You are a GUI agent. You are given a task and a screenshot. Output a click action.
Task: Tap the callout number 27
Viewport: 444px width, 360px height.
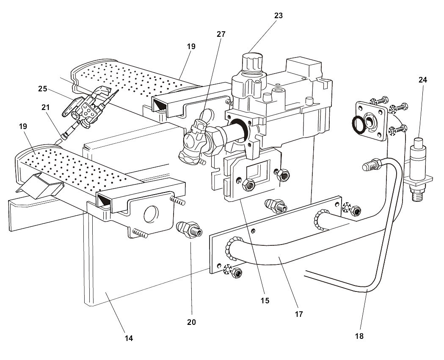pyautogui.click(x=221, y=35)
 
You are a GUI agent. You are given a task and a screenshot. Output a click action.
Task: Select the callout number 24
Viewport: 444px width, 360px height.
pyautogui.click(x=423, y=80)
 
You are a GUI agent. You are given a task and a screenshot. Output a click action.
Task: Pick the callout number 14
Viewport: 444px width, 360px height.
pyautogui.click(x=129, y=338)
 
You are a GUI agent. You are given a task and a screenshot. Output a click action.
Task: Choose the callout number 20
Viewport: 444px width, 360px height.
pyautogui.click(x=191, y=322)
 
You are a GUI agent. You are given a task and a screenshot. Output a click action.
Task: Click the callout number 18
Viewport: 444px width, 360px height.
pyautogui.click(x=360, y=336)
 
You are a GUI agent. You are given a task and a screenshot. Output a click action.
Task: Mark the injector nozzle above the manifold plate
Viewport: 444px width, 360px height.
pyautogui.click(x=276, y=206)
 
